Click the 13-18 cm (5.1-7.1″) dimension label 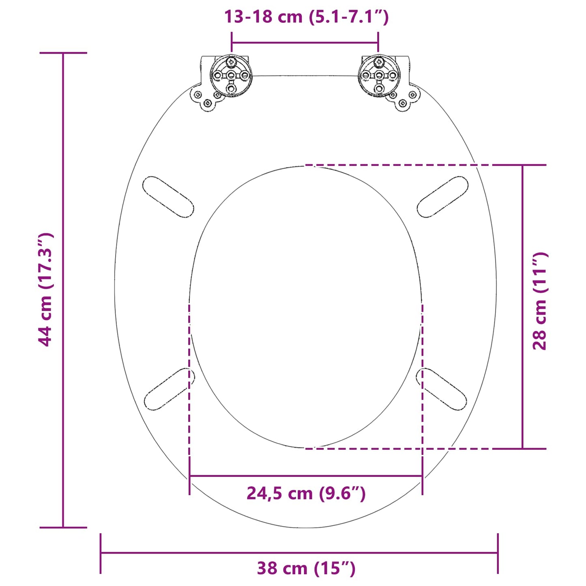tap(306, 17)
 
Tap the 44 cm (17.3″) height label tap(46, 290)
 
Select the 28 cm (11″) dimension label tap(540, 301)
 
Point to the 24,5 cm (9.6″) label tap(306, 494)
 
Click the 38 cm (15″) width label tap(306, 568)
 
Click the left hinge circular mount tap(231, 76)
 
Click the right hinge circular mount tap(379, 76)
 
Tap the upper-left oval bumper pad tap(168, 197)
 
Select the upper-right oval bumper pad tap(442, 197)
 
